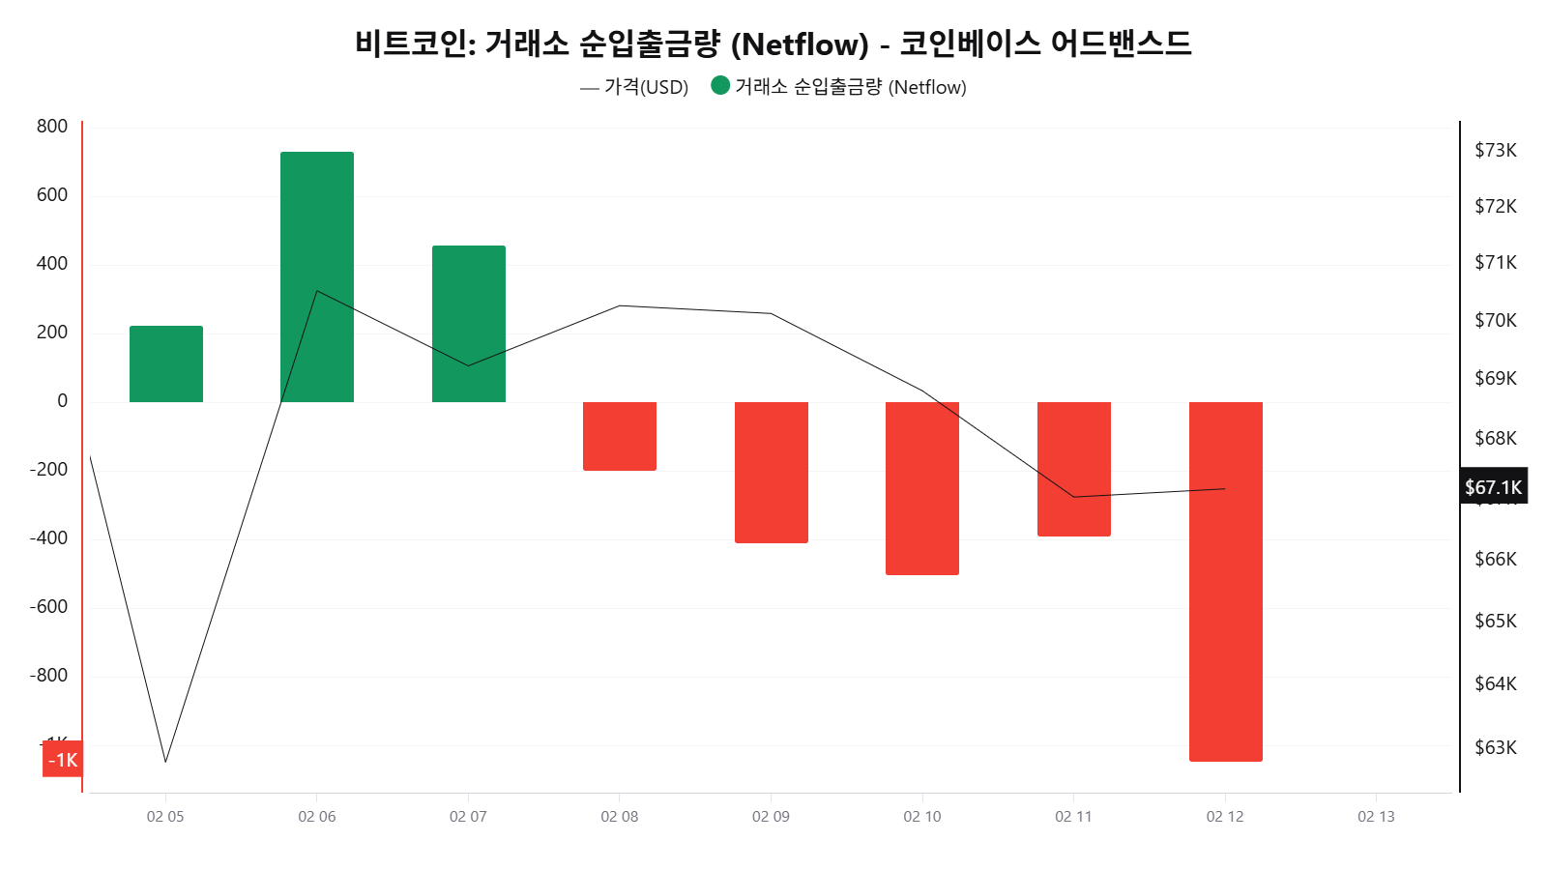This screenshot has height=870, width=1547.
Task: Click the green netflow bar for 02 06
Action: click(317, 276)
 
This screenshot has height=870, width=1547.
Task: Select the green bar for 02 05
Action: click(166, 363)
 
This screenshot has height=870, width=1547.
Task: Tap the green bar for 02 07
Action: click(469, 323)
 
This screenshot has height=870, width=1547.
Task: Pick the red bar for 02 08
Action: click(620, 436)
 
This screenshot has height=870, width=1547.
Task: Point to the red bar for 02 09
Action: click(772, 472)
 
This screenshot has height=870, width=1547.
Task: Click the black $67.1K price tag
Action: click(1494, 487)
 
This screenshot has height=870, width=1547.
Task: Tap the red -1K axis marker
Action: click(63, 760)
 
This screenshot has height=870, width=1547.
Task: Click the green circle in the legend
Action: click(720, 86)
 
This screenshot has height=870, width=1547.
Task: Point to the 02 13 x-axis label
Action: click(1376, 817)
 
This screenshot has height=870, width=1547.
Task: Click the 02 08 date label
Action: click(620, 817)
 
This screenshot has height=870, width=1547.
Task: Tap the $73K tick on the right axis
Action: click(1496, 150)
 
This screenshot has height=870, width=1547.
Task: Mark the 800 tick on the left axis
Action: click(52, 127)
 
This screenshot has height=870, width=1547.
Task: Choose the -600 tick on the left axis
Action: click(48, 607)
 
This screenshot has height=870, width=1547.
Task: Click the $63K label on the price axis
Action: click(1496, 747)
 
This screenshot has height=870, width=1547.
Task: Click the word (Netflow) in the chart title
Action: click(801, 44)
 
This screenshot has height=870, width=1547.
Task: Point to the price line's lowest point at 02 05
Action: click(165, 762)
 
